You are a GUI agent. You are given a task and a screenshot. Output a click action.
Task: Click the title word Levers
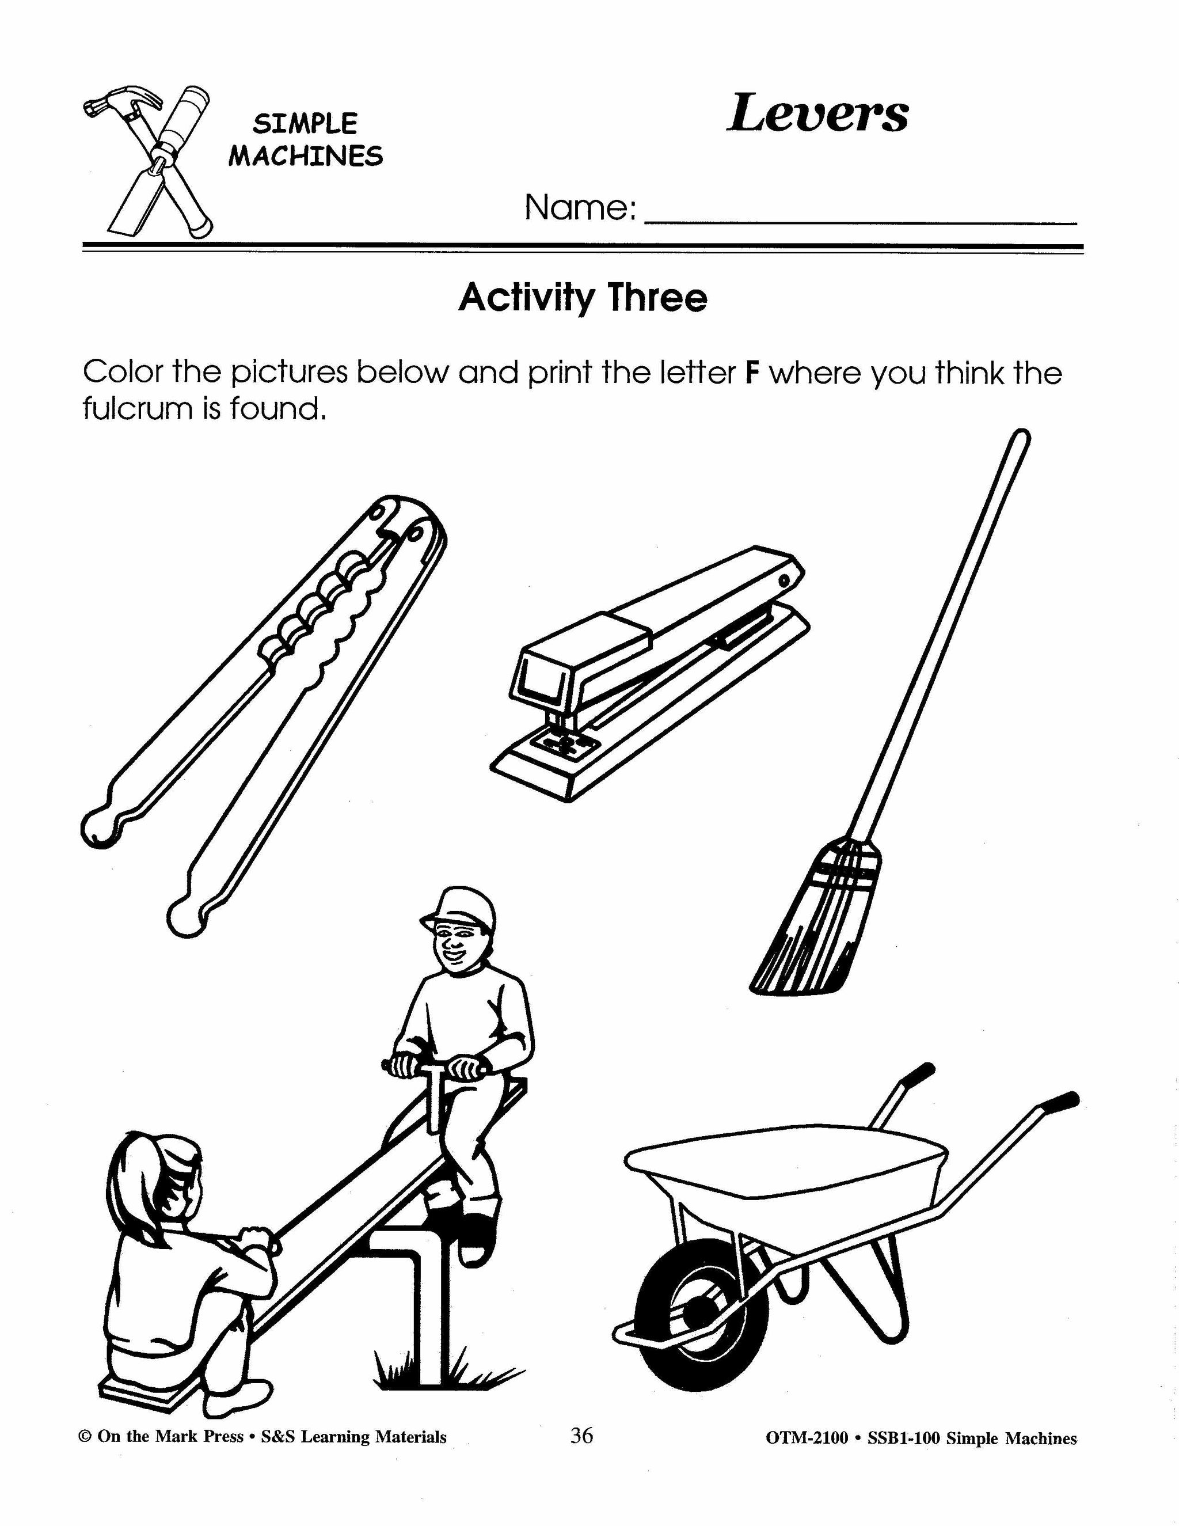tap(817, 113)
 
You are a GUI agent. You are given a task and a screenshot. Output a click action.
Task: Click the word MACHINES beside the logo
tap(306, 156)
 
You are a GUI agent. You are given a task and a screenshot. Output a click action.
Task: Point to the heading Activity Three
tap(583, 298)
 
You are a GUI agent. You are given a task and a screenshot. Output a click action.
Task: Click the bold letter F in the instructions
tap(752, 373)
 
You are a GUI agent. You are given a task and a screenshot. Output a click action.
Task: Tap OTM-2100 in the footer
tap(807, 1438)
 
